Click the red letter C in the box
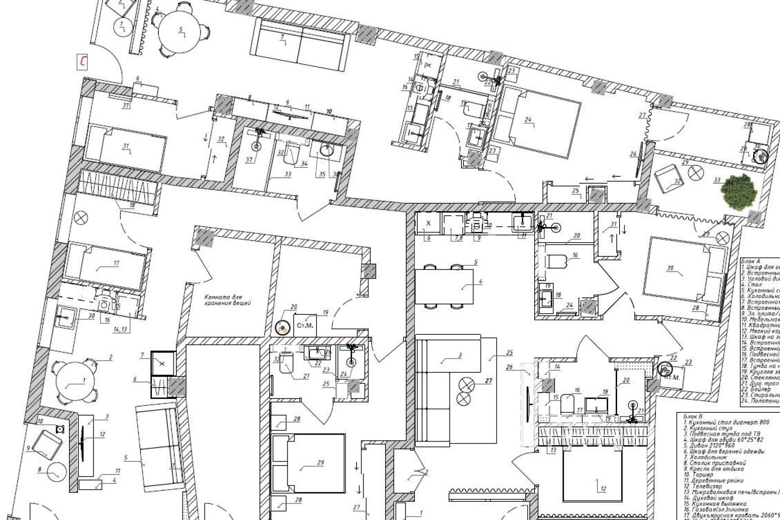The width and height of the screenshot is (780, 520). [x=83, y=62]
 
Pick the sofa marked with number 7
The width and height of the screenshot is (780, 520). [x=301, y=45]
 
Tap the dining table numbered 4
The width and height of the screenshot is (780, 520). [x=444, y=287]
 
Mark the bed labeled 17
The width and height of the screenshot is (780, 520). [x=106, y=266]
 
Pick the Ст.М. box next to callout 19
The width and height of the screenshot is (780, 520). [x=305, y=325]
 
